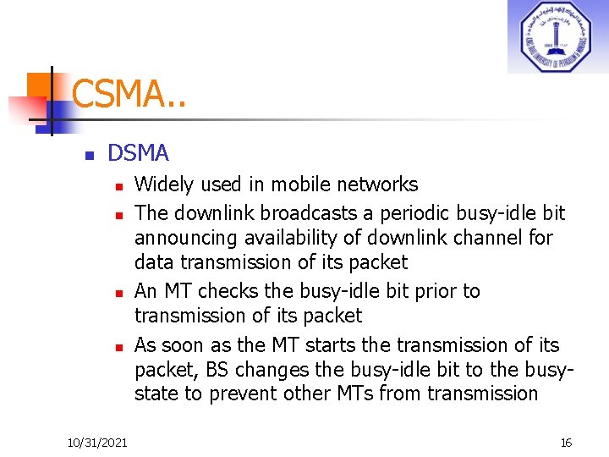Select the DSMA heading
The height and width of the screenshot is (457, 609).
click(139, 153)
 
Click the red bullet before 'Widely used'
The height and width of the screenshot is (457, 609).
click(121, 185)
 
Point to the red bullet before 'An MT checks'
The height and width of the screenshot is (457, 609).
click(121, 293)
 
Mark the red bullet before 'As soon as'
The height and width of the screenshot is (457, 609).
click(121, 347)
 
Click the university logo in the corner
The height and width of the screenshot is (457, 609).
click(557, 36)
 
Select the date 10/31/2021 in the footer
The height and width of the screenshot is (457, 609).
click(97, 443)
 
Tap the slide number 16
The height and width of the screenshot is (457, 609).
click(566, 443)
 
